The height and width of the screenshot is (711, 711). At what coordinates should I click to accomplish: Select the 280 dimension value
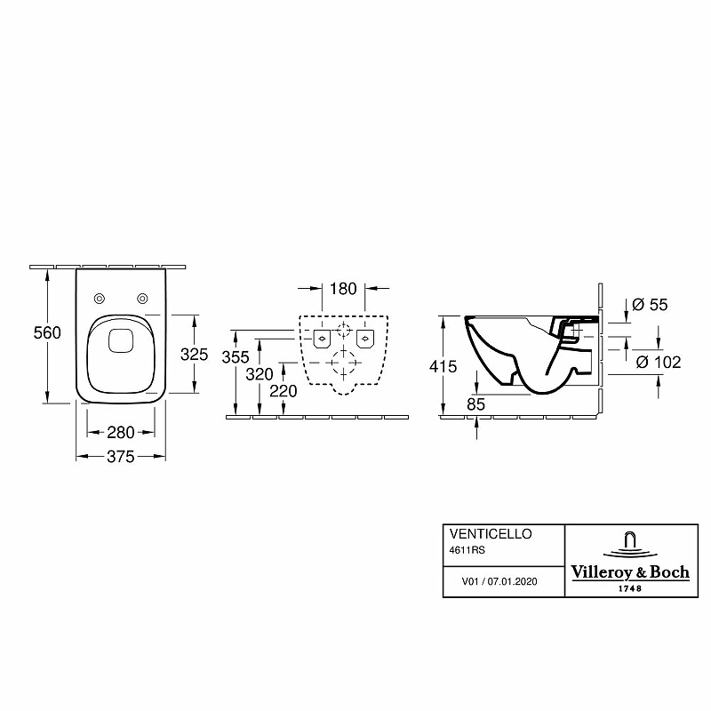point(120,433)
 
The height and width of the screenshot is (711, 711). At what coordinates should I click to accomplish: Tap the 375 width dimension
point(120,457)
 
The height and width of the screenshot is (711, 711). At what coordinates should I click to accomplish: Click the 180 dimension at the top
point(342,289)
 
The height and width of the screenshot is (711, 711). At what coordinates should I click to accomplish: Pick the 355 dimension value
point(236,357)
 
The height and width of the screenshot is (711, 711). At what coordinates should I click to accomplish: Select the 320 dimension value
point(260,374)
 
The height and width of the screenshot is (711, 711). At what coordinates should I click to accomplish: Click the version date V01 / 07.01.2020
point(501,581)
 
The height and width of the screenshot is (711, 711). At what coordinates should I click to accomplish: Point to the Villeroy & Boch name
point(629,572)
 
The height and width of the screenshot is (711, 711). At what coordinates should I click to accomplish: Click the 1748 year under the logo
point(629,588)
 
